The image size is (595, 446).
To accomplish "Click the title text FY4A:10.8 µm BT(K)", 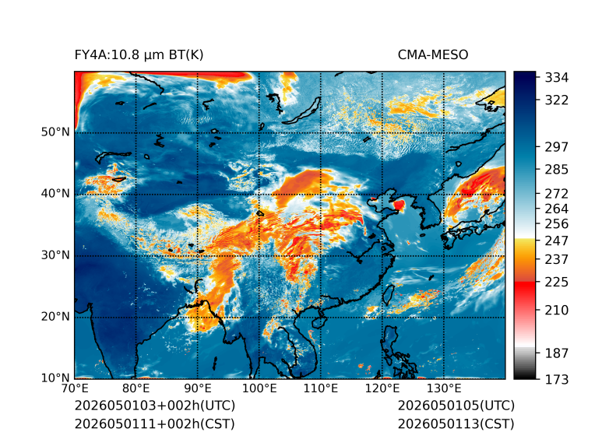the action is (139, 55).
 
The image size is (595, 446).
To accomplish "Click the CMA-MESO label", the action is (433, 55).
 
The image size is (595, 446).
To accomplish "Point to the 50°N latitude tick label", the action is (55, 132).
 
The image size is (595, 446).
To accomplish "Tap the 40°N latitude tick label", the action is (55, 194).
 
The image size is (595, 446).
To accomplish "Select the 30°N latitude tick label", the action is (55, 255).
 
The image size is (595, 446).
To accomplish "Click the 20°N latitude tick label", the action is (55, 317).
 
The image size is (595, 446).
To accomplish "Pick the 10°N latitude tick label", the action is (55, 378).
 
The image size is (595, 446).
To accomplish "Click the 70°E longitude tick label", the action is (75, 388).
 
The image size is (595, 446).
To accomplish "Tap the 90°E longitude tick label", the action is (198, 388).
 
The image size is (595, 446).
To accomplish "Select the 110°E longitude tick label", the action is (321, 388).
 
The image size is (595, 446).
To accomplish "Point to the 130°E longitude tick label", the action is (444, 388).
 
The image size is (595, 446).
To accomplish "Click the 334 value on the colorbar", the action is (557, 78).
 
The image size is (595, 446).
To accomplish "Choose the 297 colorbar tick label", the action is (557, 147).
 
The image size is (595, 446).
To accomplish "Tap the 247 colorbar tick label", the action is (557, 241).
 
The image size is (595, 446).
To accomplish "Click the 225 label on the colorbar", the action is (557, 283).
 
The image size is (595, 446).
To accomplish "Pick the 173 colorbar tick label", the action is (557, 379).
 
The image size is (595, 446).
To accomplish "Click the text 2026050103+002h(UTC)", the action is (155, 406).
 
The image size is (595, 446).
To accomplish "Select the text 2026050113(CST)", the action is (456, 424).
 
